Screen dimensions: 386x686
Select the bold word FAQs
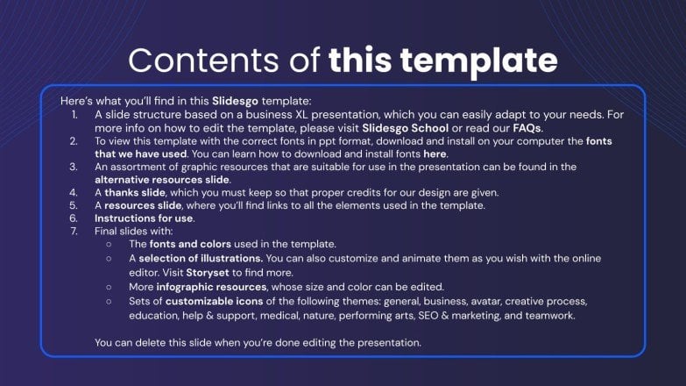pyautogui.click(x=527, y=127)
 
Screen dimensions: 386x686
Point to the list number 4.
pyautogui.click(x=74, y=192)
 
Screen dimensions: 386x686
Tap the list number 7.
pyautogui.click(x=74, y=231)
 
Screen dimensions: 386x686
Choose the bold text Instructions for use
pyautogui.click(x=144, y=218)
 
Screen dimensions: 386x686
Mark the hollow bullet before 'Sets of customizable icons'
pyautogui.click(x=109, y=300)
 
